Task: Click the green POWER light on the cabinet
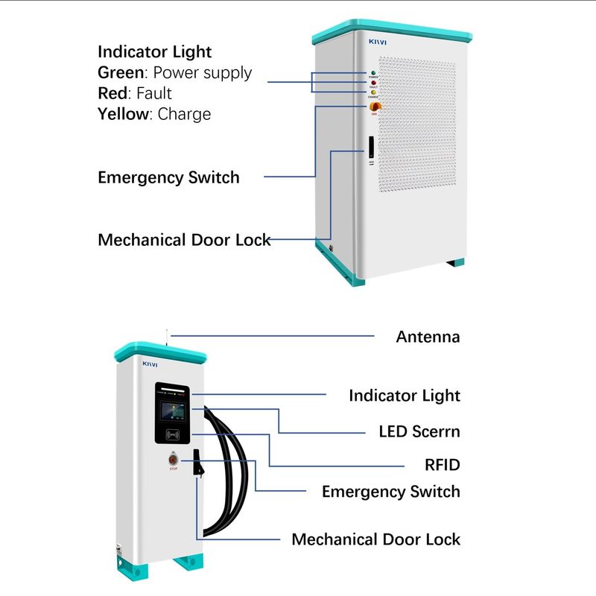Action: (x=373, y=73)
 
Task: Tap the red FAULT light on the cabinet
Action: (x=373, y=83)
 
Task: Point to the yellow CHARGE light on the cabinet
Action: (x=373, y=92)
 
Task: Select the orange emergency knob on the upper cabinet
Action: (x=373, y=107)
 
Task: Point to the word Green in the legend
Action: (x=120, y=73)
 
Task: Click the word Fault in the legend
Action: (x=153, y=94)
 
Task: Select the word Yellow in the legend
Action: (x=123, y=115)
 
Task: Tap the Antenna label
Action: (x=428, y=337)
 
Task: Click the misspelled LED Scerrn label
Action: (x=419, y=431)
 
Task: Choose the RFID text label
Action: (x=443, y=466)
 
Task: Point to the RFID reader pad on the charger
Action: (x=173, y=434)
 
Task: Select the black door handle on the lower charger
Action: (x=197, y=465)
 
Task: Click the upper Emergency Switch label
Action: (x=168, y=177)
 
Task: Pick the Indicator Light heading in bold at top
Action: (x=155, y=52)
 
